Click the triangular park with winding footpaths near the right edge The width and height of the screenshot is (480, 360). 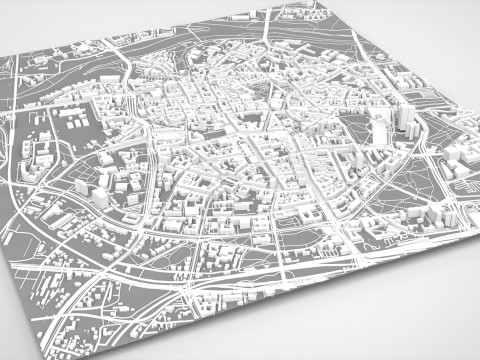[x=420, y=181]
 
